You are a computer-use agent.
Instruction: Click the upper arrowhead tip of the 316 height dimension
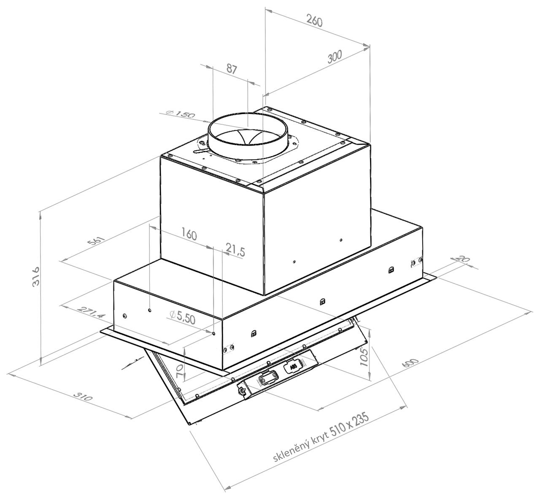41,212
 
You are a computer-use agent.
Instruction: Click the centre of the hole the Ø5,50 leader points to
213,333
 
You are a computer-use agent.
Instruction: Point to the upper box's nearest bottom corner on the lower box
264,295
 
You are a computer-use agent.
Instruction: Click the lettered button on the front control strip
294,367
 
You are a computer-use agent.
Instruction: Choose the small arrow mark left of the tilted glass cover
132,363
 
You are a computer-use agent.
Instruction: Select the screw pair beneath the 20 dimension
416,262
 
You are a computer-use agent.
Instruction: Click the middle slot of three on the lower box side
322,301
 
